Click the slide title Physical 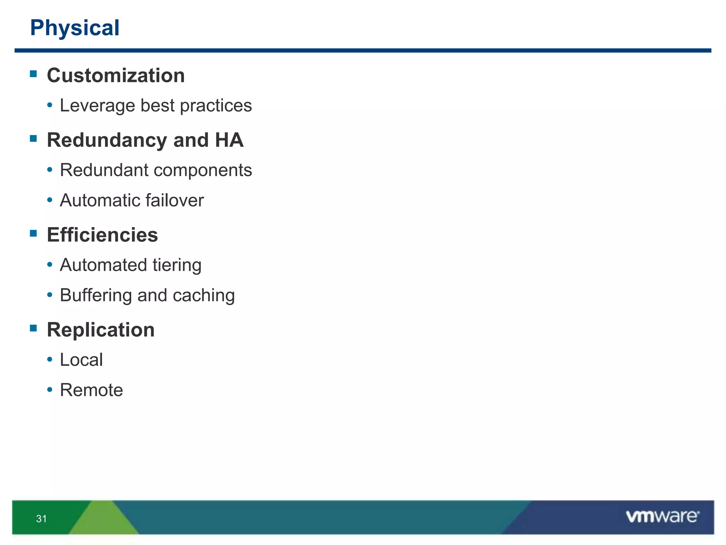pos(75,28)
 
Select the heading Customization pos(116,76)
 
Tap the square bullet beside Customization pos(34,74)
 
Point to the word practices pos(216,106)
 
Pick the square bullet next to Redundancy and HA pos(34,138)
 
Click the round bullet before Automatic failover pos(50,200)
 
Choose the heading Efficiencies pos(102,235)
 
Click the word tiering pos(177,265)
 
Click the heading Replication pos(101,330)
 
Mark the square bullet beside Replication pos(34,328)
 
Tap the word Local pos(81,360)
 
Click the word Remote pos(91,390)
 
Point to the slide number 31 pos(41,519)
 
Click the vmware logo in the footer pos(662,517)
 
